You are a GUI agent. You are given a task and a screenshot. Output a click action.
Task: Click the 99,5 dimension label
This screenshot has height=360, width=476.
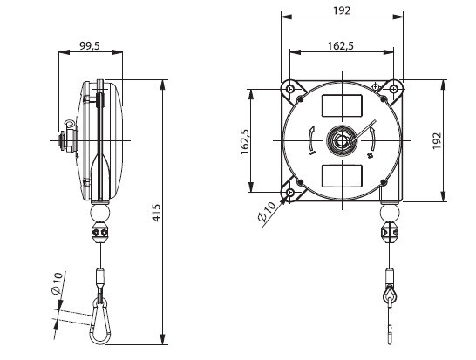pos(90,46)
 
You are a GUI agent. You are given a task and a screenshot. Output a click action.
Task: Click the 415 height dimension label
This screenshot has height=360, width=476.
pos(156,213)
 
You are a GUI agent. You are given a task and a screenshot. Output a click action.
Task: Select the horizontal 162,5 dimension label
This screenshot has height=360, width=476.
pos(341,46)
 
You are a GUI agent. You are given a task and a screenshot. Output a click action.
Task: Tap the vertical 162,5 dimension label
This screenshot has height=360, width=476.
pos(245,141)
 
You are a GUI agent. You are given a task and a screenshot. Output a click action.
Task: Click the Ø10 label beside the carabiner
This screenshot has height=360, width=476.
pos(58,283)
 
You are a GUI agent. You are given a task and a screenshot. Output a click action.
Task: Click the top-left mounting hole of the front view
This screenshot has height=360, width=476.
pos(290,89)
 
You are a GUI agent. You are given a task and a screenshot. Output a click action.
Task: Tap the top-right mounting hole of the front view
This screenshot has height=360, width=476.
pos(394,89)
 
